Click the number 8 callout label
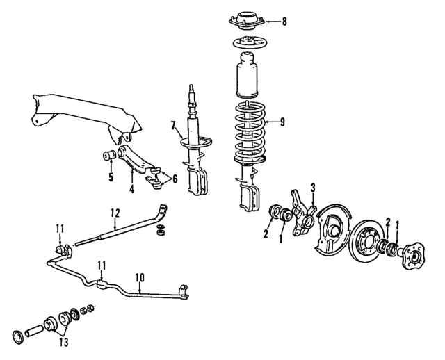(x=284, y=22)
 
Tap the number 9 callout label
(x=282, y=123)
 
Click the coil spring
(x=248, y=132)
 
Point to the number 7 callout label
(x=174, y=126)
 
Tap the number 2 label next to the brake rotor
(x=388, y=221)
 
